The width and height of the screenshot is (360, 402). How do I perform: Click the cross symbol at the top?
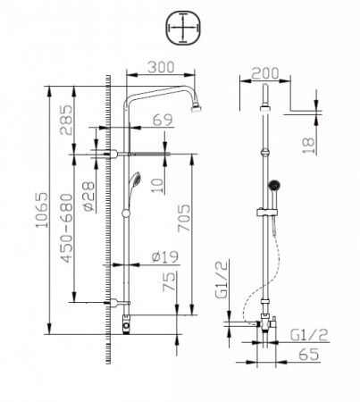(x=180, y=29)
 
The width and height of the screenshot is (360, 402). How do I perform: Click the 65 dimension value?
(x=306, y=356)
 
